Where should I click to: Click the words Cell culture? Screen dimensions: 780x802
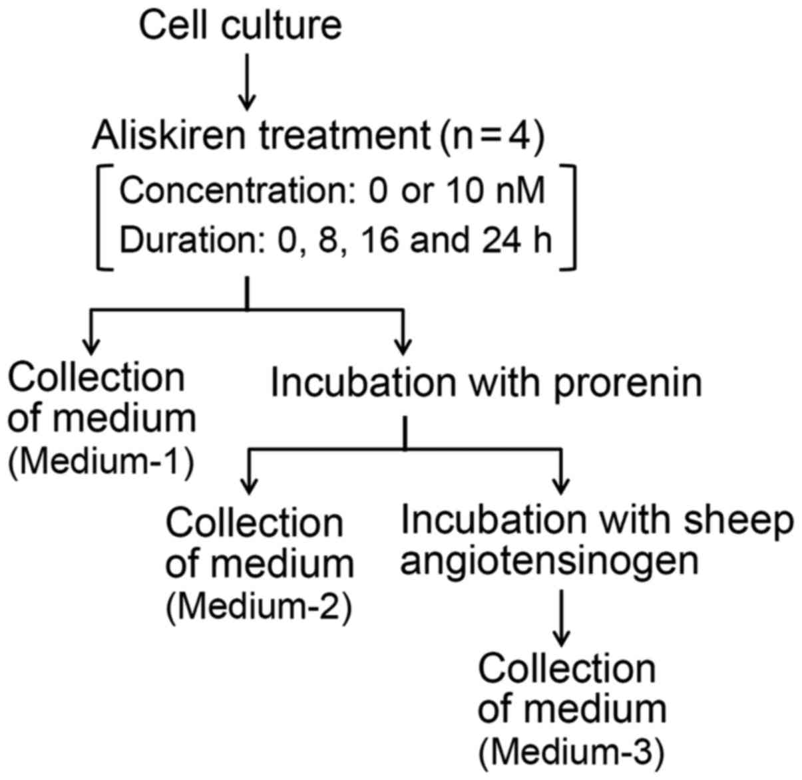pos(240,25)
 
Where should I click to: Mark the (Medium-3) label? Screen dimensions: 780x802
pos(571,751)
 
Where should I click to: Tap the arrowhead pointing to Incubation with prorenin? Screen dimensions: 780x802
pos(402,346)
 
